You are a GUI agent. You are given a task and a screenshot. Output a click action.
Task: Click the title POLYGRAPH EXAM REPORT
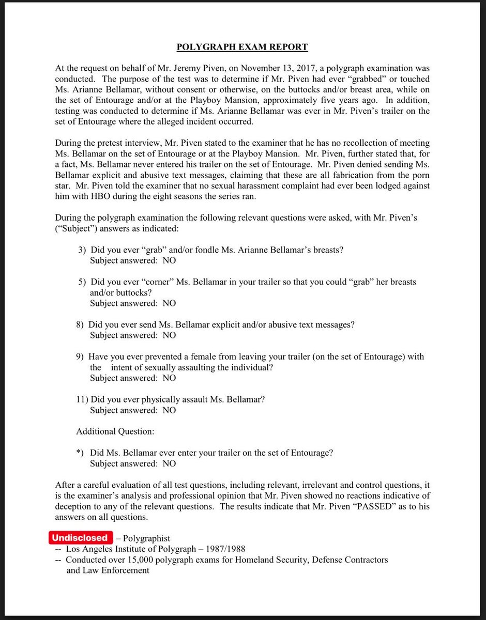coord(242,47)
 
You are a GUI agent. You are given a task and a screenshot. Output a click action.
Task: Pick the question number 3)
coord(83,250)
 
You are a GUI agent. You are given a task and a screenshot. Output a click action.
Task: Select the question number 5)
coord(83,282)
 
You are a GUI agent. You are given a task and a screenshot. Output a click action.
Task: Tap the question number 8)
coord(81,324)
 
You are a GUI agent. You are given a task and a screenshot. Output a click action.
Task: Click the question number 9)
coord(81,357)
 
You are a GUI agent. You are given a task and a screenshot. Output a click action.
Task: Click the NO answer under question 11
coord(169,410)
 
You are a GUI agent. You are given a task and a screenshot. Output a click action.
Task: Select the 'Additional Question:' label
coord(115,431)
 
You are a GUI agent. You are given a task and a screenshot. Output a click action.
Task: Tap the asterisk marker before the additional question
coord(79,453)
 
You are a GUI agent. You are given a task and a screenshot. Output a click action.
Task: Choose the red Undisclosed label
coord(80,538)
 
